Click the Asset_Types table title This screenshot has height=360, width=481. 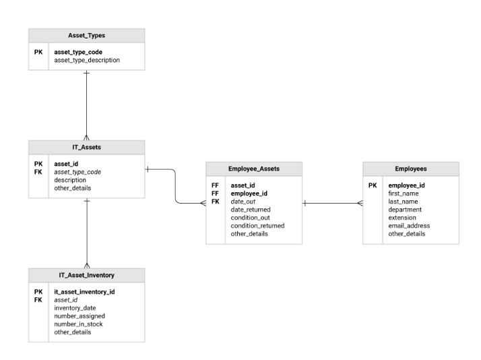point(86,36)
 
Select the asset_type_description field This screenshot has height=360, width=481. point(87,60)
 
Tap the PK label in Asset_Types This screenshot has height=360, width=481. point(38,52)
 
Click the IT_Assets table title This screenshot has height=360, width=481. point(86,148)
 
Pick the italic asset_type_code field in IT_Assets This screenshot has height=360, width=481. point(77,172)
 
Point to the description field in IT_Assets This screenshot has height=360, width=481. point(70,180)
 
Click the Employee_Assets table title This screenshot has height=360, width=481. point(254,169)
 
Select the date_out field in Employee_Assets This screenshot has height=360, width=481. point(243,202)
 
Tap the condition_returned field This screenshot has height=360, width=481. point(257,226)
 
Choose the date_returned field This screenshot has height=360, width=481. point(251,210)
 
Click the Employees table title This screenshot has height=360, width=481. point(411,169)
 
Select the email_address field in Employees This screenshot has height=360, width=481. point(409,226)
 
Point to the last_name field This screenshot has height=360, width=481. point(403,202)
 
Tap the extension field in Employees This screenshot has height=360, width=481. point(402,218)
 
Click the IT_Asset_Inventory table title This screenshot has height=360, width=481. point(86,275)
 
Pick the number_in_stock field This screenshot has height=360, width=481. point(78,324)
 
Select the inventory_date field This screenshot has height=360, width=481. point(75,308)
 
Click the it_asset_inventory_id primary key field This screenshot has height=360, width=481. point(84,292)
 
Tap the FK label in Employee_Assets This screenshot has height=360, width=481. point(216,202)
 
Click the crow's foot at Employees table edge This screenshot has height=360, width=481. point(360,203)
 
